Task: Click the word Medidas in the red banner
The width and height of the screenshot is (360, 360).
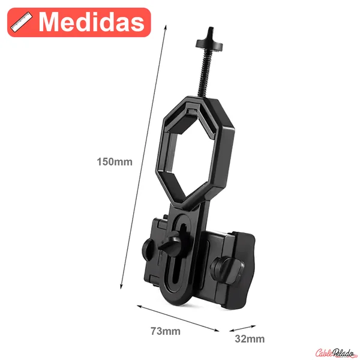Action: [x=92, y=22]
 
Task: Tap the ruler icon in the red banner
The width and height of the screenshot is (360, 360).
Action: [x=22, y=22]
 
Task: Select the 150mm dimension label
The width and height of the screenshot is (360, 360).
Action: [x=115, y=161]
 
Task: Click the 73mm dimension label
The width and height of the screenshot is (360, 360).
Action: [x=166, y=331]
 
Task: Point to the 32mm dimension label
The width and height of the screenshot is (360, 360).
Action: [x=250, y=339]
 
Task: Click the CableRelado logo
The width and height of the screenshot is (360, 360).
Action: [x=335, y=353]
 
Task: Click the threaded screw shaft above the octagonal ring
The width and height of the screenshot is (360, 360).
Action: [x=205, y=73]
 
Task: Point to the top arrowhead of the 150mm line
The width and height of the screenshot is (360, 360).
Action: [x=166, y=27]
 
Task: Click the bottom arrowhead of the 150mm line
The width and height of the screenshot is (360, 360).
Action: [x=121, y=286]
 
